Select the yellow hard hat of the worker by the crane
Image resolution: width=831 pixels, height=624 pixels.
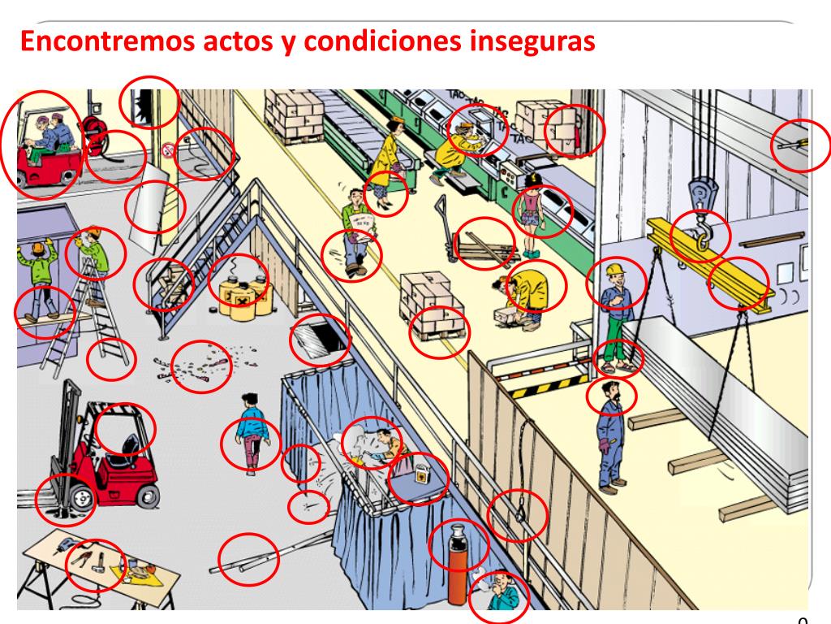click(x=614, y=269)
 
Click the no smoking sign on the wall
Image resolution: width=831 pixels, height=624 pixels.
click(x=168, y=149)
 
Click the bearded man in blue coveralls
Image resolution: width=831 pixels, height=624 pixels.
click(x=609, y=435)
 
